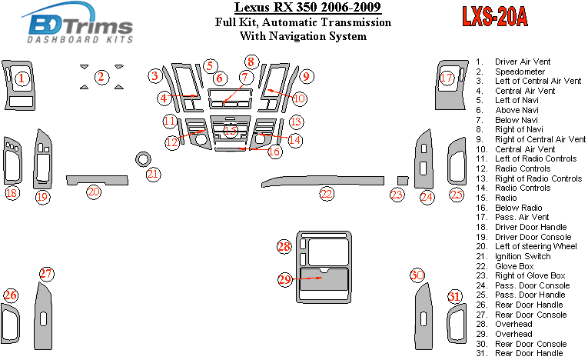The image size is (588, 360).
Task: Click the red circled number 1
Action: (x=22, y=78)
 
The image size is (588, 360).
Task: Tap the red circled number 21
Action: (x=154, y=175)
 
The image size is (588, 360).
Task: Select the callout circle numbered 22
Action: (x=327, y=194)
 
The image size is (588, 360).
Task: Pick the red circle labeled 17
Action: (x=447, y=78)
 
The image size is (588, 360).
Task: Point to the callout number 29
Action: (x=285, y=280)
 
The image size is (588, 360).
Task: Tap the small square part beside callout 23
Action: (x=400, y=180)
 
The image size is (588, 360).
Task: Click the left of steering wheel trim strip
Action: (x=96, y=180)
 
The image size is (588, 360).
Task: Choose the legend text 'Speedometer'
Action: (x=520, y=72)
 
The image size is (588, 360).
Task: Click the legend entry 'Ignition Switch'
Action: (x=524, y=256)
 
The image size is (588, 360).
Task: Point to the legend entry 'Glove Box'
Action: (x=515, y=266)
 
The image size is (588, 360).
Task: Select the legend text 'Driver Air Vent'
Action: (x=527, y=62)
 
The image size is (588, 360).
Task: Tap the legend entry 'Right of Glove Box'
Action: (x=530, y=275)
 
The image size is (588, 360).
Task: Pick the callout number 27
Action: (x=47, y=274)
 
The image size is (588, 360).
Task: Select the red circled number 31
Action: (x=455, y=297)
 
